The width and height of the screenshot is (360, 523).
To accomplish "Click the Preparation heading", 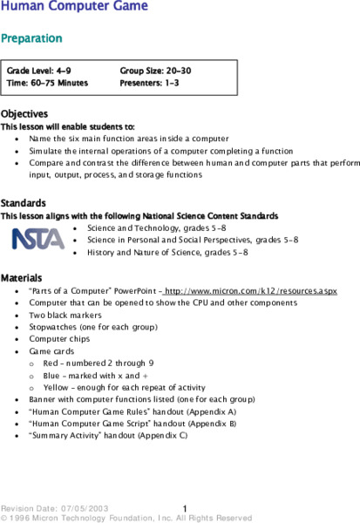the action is pos(31,38).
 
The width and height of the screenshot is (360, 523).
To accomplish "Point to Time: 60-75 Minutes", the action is pos(47,83).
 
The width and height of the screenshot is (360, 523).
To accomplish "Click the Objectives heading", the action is pos(24,114).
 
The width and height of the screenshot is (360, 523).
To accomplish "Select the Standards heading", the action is pos(24,203).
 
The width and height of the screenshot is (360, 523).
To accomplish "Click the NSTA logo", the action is pos(37,238).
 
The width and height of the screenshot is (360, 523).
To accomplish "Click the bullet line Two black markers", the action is pos(65,316).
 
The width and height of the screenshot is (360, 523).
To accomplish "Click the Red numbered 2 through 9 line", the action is pos(98,363).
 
